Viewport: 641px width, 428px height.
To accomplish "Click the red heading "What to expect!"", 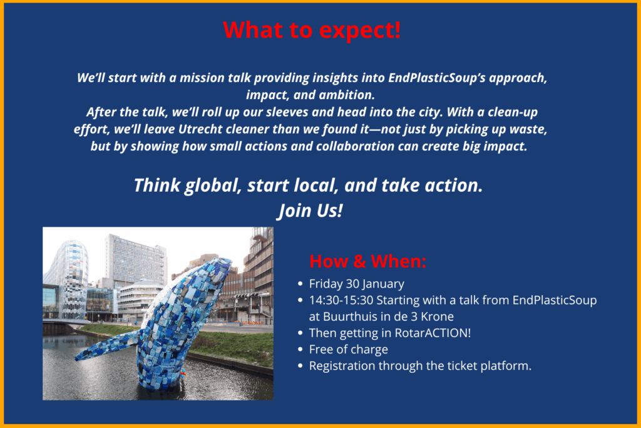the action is pos(312,30).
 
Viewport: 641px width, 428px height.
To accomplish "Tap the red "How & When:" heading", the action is pos(368,261).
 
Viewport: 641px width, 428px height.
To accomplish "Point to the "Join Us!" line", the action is pos(310,211).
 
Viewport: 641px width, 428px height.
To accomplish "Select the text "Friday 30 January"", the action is pos(356,284).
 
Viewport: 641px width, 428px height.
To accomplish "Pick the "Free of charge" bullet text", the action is pos(348,350).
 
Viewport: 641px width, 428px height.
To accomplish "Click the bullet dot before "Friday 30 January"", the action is pos(300,284).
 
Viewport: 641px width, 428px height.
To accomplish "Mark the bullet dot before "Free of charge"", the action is pos(300,350).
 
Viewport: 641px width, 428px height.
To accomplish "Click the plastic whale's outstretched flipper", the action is pos(107,346).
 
